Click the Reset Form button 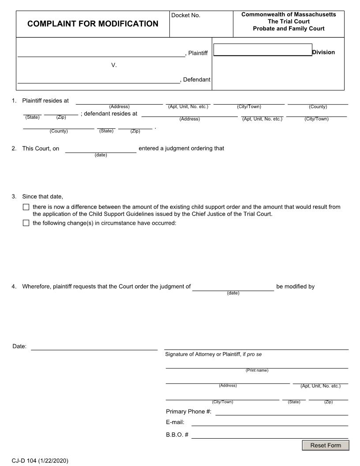325,445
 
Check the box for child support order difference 26,207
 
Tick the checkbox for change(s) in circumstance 26,223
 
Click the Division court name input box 262,50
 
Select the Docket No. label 186,15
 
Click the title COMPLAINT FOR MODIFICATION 93,24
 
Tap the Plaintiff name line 101,53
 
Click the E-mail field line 270,422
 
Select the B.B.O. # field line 270,435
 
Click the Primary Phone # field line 281,412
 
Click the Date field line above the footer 94,346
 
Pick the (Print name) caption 257,370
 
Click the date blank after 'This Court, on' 101,149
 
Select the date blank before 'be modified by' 233,287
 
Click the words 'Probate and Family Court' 289,29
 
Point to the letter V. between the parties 114,65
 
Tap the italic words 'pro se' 255,354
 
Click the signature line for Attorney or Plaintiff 256,347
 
